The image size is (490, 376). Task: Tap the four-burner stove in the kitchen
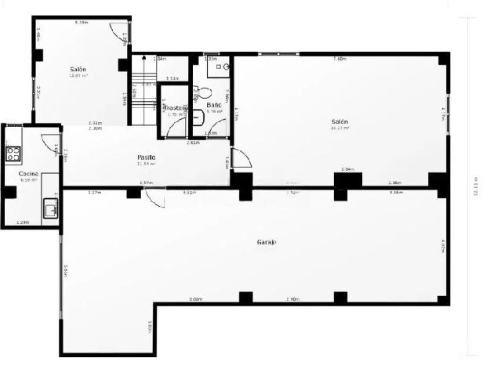tap(13, 153)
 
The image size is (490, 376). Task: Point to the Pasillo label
tap(147, 157)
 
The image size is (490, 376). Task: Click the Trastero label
tap(174, 107)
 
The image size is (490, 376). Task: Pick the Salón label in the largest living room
tap(339, 121)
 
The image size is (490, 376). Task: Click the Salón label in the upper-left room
tap(78, 69)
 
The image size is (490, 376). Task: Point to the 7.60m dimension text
tap(339, 59)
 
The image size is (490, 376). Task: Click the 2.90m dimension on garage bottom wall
tap(292, 300)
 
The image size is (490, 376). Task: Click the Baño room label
tap(213, 105)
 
